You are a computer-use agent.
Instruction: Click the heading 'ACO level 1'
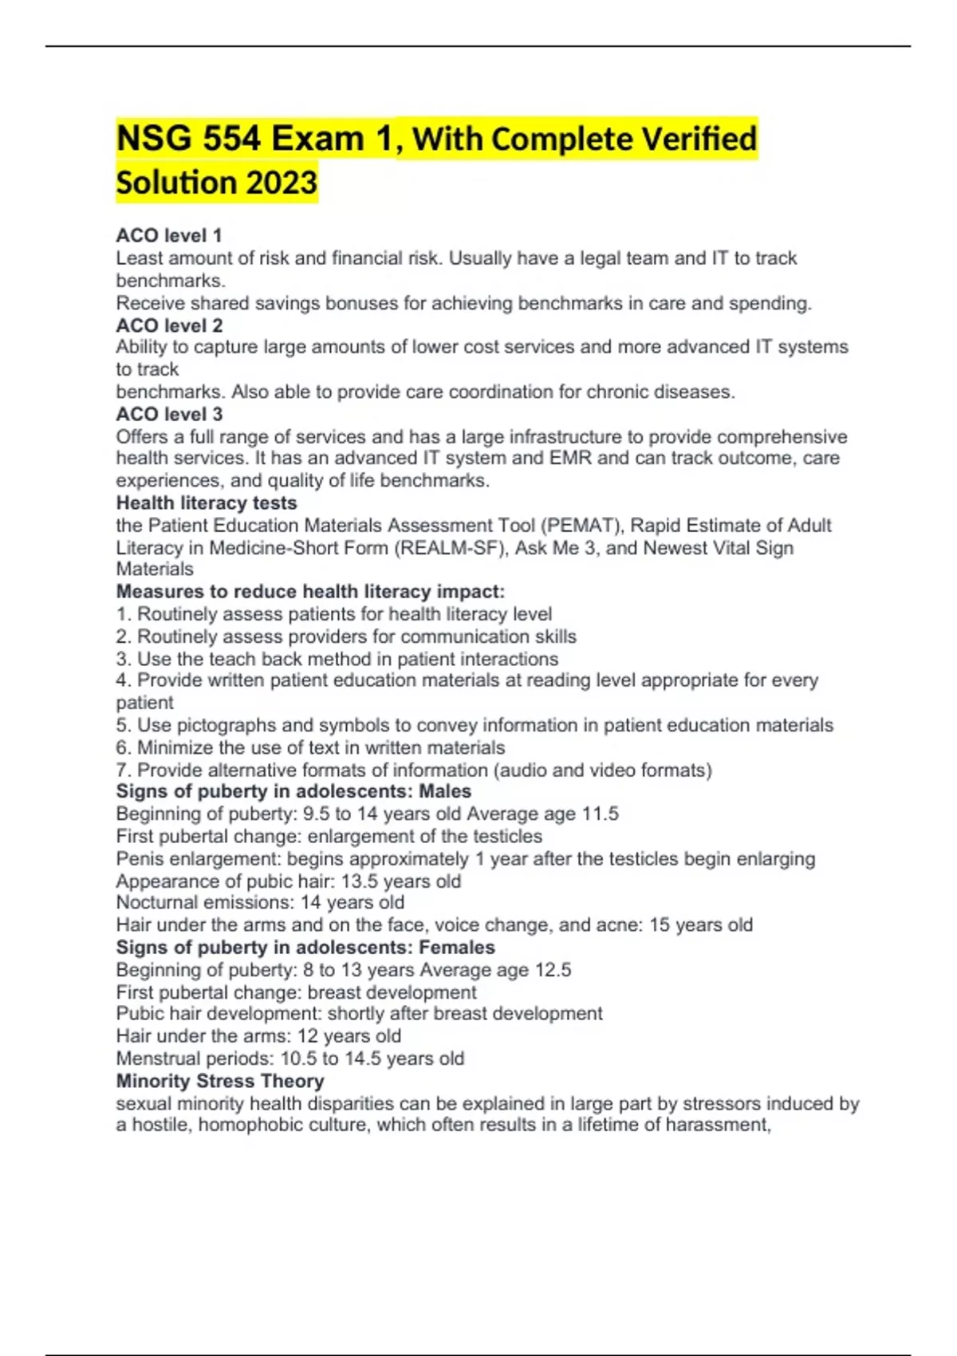168,235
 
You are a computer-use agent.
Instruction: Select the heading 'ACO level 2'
169,325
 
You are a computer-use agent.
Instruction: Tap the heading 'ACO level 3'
169,414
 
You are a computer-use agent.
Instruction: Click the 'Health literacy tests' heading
207,503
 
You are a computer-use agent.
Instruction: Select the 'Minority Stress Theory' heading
220,1081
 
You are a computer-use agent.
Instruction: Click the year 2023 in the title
282,183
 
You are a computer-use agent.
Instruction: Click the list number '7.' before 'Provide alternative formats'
124,771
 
